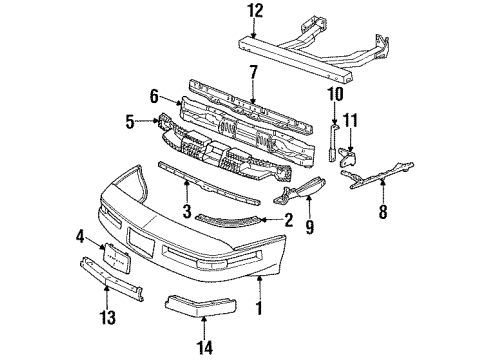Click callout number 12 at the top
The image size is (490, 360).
pos(255,11)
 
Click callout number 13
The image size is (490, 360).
pos(108,320)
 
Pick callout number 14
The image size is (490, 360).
pos(204,347)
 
